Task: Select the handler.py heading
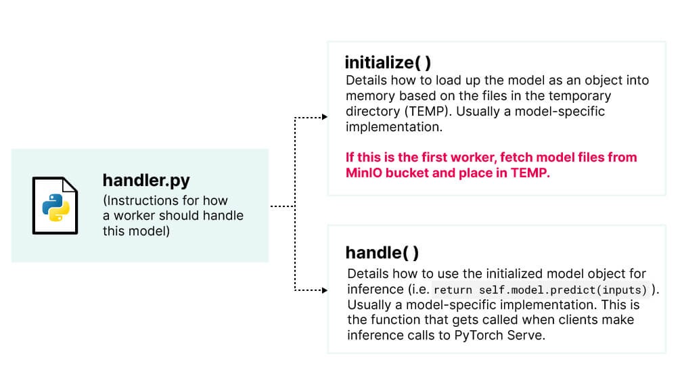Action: click(x=146, y=180)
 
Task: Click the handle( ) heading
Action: click(x=382, y=253)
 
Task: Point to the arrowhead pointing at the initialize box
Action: click(x=325, y=118)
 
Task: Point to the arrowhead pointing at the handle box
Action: click(x=325, y=291)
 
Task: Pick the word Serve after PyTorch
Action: click(x=526, y=335)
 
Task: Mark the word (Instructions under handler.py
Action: click(x=140, y=201)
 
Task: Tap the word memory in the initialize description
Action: click(x=368, y=96)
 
